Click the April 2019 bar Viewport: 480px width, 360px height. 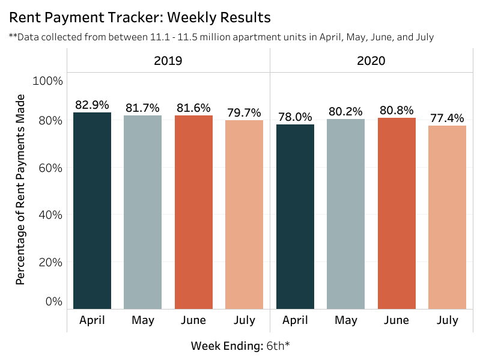click(92, 210)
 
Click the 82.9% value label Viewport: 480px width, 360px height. click(92, 105)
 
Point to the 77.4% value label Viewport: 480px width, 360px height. click(447, 118)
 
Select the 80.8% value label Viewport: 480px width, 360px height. click(396, 110)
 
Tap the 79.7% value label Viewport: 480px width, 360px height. click(244, 112)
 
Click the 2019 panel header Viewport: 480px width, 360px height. click(168, 61)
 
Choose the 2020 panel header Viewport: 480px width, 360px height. click(371, 61)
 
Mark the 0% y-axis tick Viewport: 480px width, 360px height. click(53, 301)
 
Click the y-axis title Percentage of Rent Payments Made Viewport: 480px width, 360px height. click(20, 189)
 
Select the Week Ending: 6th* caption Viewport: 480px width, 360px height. click(240, 346)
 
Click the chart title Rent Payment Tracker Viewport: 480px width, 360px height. click(139, 16)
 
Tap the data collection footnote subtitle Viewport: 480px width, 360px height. click(221, 37)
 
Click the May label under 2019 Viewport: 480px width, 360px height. click(142, 320)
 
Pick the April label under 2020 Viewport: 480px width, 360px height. click(295, 320)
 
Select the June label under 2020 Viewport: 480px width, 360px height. click(396, 320)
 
